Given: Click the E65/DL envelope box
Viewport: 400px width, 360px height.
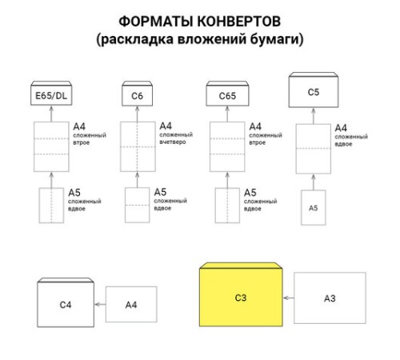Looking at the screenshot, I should coord(51,97).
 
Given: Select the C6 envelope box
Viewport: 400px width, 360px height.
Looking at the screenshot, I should coord(138,97).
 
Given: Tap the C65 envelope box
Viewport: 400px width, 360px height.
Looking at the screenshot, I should coord(226,97).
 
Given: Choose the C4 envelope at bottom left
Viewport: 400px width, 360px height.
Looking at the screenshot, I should coord(65,305).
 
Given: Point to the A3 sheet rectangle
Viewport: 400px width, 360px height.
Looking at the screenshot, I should coord(329,298).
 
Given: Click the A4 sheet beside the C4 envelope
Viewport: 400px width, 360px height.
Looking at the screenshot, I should coord(130,305).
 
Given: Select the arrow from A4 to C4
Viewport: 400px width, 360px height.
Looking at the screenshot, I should coord(99,305).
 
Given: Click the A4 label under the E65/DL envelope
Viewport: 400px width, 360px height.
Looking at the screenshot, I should coord(79,126).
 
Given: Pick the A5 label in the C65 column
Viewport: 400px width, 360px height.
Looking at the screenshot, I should coord(250,193).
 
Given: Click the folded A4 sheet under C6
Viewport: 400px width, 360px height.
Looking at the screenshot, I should coord(138,146).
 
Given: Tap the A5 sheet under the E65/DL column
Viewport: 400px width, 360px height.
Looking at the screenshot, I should coord(51,205).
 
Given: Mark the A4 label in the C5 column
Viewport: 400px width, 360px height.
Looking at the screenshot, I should coord(341,127).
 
